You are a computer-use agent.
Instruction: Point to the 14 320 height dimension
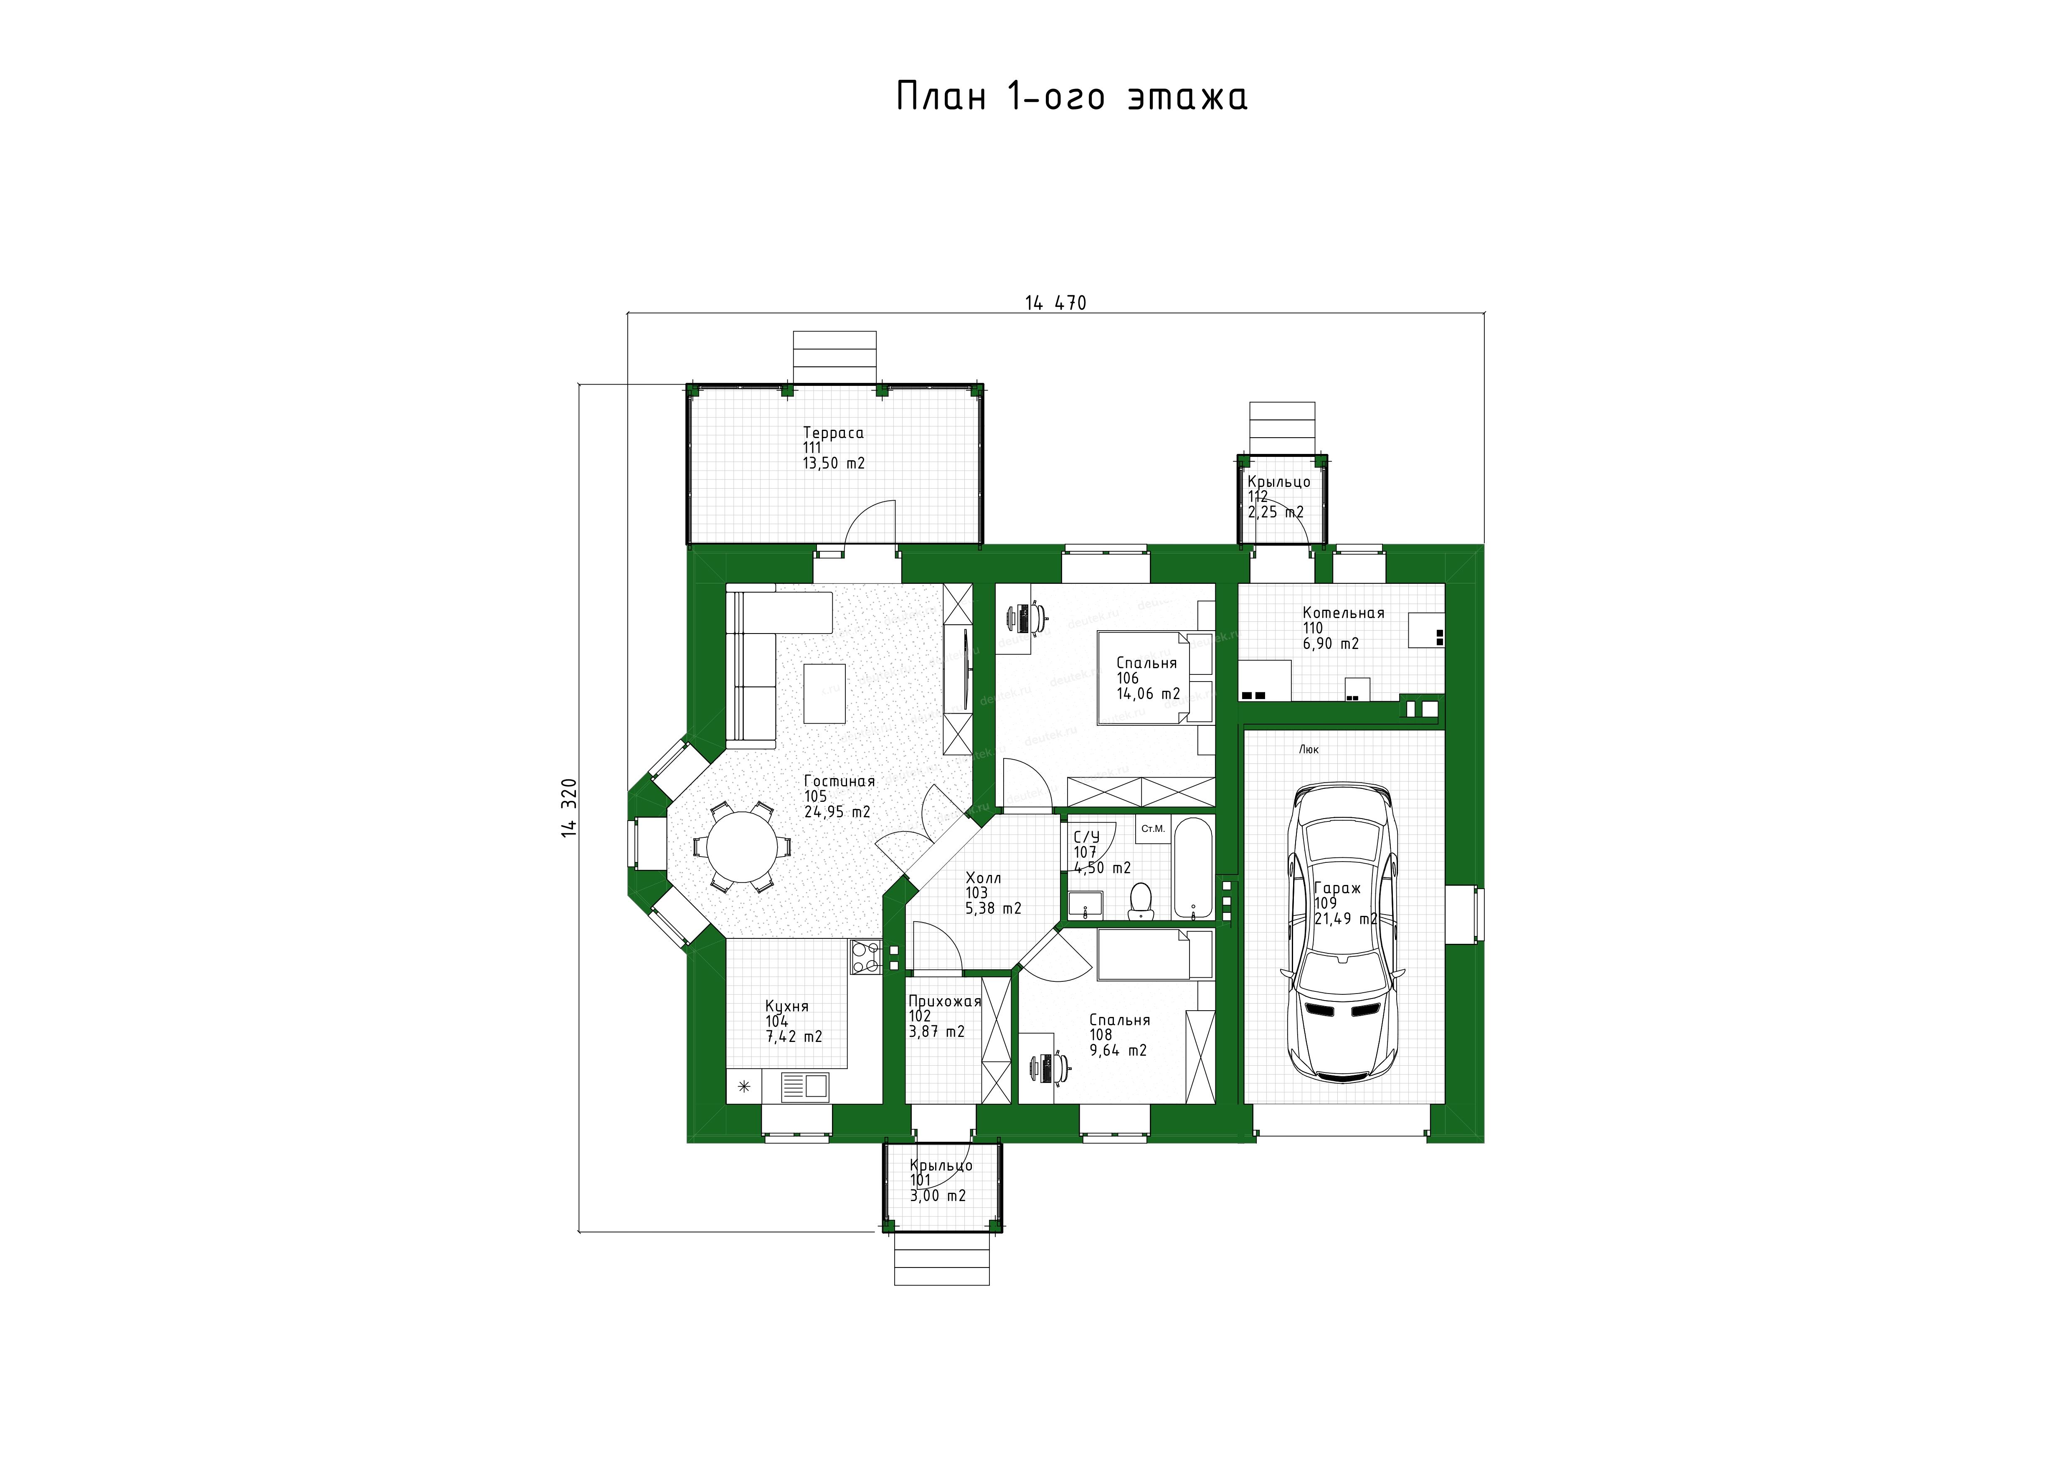pos(568,807)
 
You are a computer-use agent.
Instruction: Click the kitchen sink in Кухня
pos(173,1085)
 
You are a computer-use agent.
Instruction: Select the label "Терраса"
pos(833,433)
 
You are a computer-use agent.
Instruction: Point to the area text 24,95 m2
pos(837,812)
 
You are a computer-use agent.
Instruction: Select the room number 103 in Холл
pos(976,893)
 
